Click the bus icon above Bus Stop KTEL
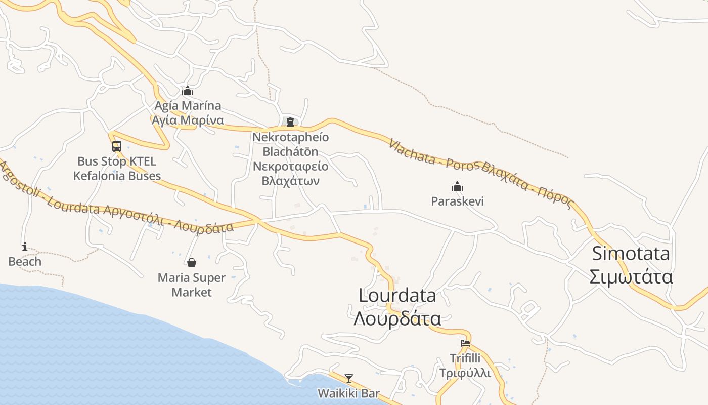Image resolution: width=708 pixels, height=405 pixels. point(117,146)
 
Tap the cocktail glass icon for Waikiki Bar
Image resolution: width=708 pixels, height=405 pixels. point(349,378)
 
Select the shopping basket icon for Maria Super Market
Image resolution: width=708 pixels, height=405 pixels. point(192,263)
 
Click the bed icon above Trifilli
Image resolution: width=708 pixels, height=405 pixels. point(465,343)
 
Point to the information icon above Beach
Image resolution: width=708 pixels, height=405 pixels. point(25,247)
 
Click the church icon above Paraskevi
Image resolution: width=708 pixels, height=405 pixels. point(457,186)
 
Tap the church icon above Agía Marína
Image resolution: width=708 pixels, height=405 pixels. point(188,91)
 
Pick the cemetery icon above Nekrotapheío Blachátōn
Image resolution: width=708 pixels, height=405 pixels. point(290,121)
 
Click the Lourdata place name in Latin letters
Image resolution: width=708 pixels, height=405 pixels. point(397,295)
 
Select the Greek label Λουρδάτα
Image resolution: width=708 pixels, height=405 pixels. point(397,319)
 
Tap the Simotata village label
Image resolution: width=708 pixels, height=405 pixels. point(631,253)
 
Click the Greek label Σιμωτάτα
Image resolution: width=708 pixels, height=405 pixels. point(631,277)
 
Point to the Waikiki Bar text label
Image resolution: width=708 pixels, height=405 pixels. point(348,393)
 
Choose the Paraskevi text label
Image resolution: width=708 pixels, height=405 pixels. point(457,201)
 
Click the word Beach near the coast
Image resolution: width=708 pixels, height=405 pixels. point(25,261)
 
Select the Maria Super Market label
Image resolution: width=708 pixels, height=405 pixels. point(192,285)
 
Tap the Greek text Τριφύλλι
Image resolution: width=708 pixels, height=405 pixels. point(465,373)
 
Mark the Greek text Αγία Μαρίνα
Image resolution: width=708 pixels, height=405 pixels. point(188,120)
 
